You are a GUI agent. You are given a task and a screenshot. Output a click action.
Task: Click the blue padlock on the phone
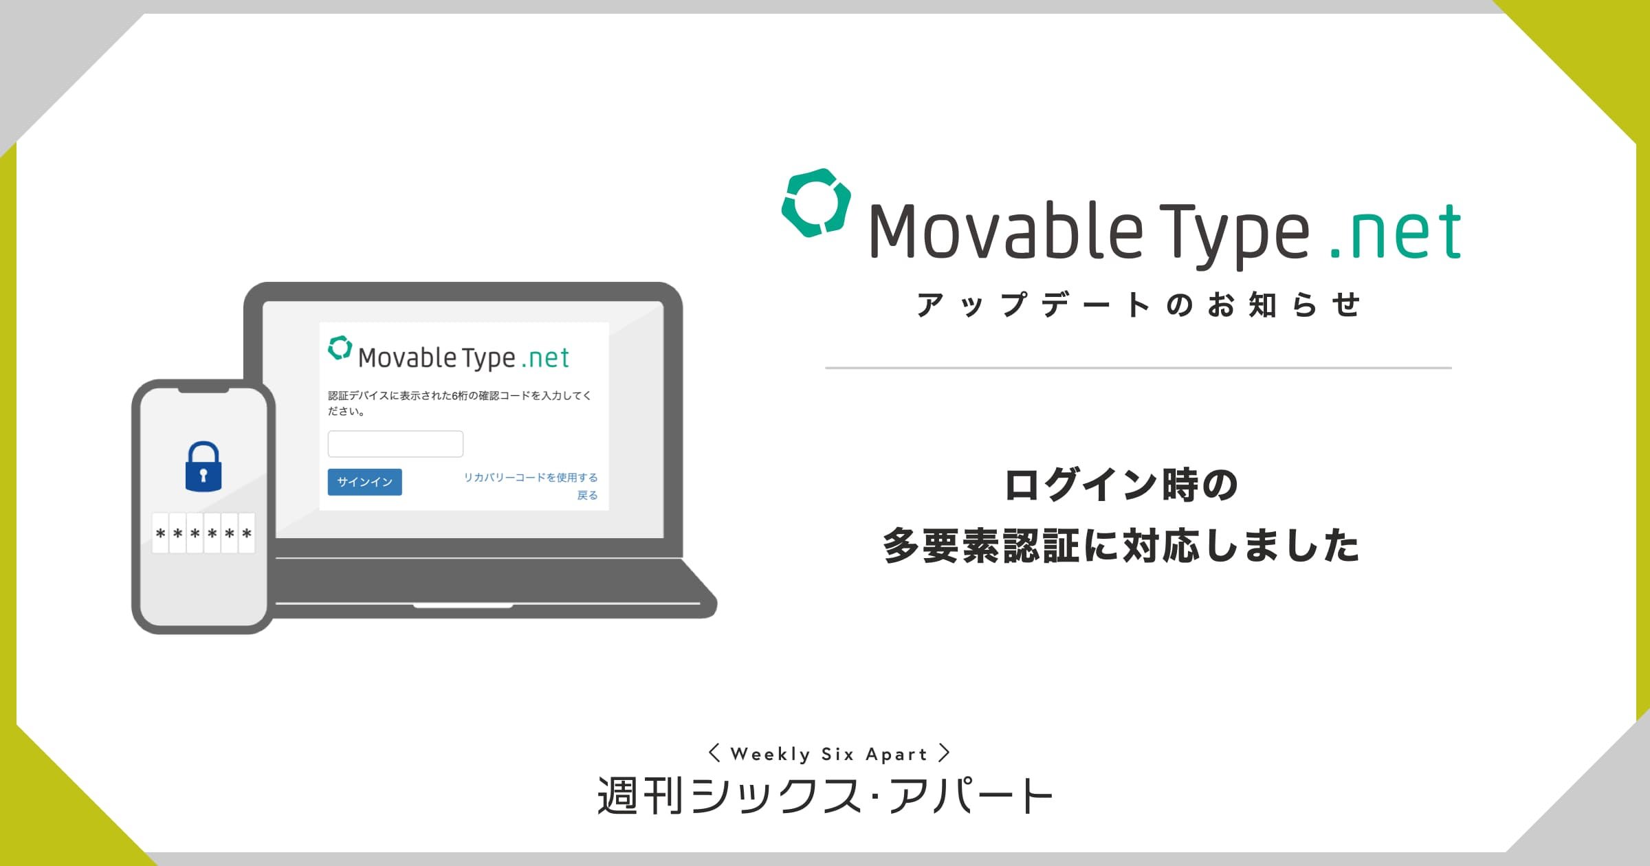(203, 467)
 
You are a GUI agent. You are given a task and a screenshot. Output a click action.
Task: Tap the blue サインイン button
(364, 482)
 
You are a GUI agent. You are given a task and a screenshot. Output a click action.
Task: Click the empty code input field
(395, 444)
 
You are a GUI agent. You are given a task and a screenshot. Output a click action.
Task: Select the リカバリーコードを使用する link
(531, 477)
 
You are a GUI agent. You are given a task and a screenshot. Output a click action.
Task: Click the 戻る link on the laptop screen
(587, 495)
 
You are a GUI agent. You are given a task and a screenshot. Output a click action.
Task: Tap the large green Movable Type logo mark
(816, 203)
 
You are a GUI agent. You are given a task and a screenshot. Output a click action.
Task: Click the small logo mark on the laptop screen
(340, 348)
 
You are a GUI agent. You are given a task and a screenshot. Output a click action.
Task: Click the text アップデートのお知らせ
(1138, 304)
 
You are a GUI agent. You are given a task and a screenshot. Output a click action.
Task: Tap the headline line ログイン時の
(1121, 485)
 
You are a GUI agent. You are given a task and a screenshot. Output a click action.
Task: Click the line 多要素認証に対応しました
(1121, 546)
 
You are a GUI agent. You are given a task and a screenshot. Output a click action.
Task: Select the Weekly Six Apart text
(829, 754)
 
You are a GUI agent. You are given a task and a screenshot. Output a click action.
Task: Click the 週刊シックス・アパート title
(825, 795)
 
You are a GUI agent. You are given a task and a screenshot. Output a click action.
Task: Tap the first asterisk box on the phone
(160, 533)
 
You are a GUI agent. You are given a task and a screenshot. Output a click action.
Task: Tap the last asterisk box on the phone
(247, 533)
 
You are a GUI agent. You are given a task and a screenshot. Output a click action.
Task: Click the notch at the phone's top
(203, 390)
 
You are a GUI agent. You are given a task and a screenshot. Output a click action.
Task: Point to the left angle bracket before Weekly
(714, 753)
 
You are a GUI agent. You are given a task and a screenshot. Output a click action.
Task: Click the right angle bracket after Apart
(945, 753)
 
